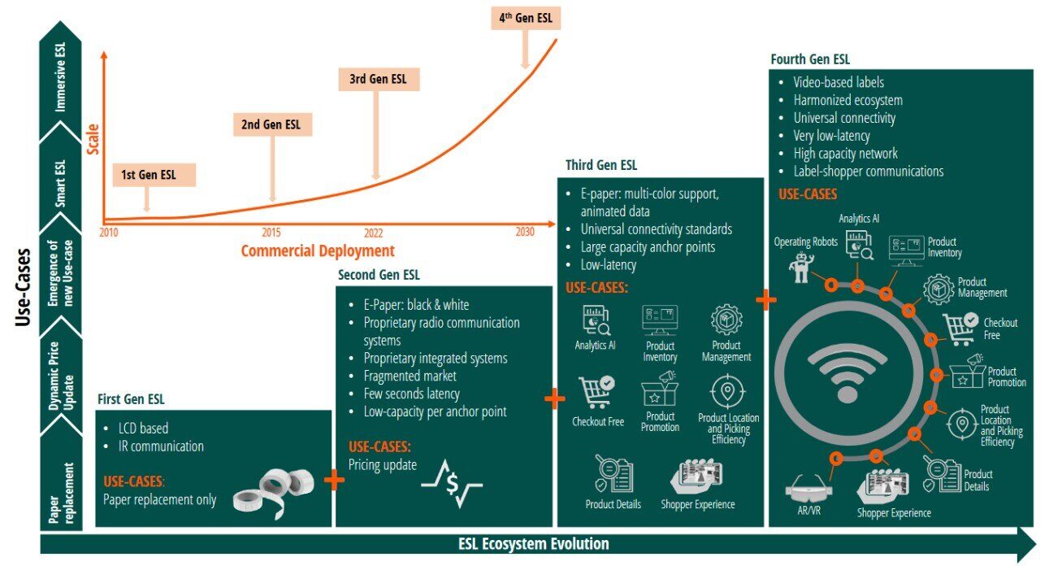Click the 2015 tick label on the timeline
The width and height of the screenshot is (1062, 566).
click(x=271, y=232)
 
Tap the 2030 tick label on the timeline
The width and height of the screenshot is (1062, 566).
click(x=525, y=232)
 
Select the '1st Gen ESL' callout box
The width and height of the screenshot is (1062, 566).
click(x=148, y=175)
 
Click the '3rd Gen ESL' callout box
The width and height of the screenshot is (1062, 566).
click(x=378, y=80)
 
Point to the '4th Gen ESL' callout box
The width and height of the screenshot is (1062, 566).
click(x=526, y=18)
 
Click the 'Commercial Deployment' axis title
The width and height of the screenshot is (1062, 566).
click(x=318, y=250)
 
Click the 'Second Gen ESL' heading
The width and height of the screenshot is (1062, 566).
click(x=379, y=275)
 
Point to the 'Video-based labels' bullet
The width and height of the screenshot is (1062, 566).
click(x=839, y=82)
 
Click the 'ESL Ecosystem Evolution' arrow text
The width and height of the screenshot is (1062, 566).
click(x=533, y=544)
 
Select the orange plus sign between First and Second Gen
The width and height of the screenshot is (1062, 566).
click(x=334, y=480)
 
